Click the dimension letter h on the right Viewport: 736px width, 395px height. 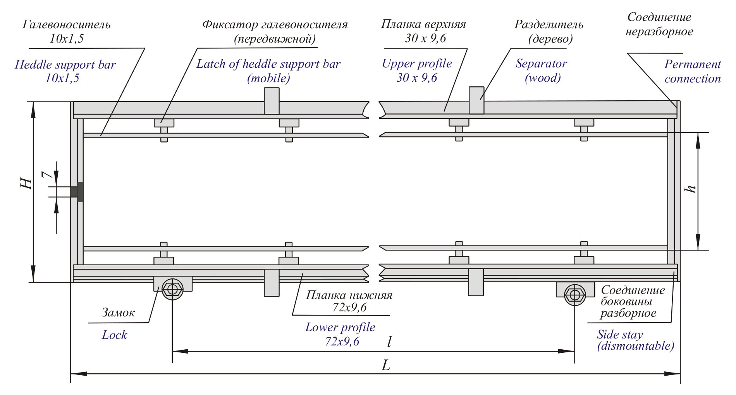(x=690, y=189)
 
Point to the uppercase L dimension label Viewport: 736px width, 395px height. (x=385, y=365)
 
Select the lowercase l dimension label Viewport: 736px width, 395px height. (x=389, y=341)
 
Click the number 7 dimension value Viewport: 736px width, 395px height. (x=47, y=175)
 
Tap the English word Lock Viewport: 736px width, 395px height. (x=114, y=335)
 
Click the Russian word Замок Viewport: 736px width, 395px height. (x=118, y=313)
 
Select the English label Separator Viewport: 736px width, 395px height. (x=541, y=64)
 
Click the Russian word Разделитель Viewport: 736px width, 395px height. (x=549, y=24)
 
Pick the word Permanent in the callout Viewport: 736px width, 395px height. (x=692, y=64)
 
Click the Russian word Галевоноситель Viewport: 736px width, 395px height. (x=66, y=25)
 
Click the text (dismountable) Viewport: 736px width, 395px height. (x=635, y=345)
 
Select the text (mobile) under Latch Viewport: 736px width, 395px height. (x=268, y=78)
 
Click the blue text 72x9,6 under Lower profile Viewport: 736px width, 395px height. (x=342, y=341)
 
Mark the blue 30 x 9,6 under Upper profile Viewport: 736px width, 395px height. (x=416, y=78)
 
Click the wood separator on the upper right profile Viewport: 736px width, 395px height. (x=476, y=100)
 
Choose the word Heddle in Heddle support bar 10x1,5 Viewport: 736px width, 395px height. (x=34, y=65)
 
